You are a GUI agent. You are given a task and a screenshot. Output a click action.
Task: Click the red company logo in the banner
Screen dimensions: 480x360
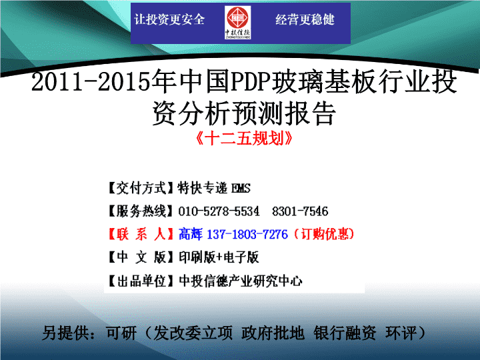[x=237, y=22]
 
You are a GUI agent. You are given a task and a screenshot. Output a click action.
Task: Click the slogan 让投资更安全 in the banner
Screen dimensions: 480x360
[x=169, y=19]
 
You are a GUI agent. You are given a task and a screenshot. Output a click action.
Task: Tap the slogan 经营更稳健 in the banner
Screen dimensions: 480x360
[x=305, y=19]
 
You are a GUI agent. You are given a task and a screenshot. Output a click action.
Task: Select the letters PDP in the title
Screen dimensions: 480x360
[x=251, y=82]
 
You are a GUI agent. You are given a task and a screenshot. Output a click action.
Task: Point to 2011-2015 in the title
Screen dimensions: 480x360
[x=91, y=82]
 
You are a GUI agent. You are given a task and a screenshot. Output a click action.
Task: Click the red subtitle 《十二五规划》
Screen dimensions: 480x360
[x=244, y=139]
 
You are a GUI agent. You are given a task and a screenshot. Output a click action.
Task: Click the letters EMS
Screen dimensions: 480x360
[x=241, y=188]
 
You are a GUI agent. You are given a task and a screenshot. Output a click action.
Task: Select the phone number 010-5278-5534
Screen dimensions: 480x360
[x=219, y=211]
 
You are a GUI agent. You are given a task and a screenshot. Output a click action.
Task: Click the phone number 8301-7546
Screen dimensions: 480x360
[x=300, y=211]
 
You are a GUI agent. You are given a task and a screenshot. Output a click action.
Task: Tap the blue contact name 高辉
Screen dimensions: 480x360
[x=191, y=234]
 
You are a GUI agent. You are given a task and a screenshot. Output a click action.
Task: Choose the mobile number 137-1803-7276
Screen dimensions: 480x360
[x=247, y=235]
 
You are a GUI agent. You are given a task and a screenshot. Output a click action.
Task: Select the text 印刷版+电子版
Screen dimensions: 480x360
[x=219, y=257]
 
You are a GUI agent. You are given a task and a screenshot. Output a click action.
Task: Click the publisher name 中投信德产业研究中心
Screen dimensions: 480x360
[x=241, y=281]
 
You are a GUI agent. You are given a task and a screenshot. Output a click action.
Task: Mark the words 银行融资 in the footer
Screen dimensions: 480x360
[x=345, y=333]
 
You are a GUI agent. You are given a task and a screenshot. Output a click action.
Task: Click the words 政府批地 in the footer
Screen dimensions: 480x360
[x=273, y=333]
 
